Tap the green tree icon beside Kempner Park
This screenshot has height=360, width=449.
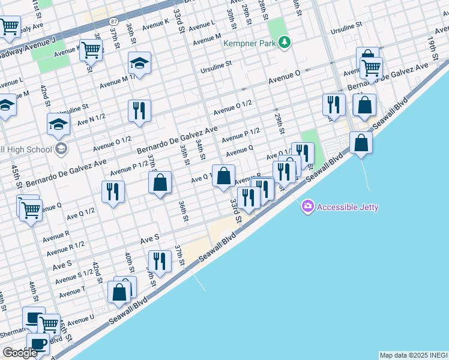click(286, 43)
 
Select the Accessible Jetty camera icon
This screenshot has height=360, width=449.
click(308, 206)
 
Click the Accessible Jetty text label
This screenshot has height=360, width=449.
click(348, 207)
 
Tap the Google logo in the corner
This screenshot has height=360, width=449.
click(20, 353)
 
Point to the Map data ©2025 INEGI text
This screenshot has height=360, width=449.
click(413, 355)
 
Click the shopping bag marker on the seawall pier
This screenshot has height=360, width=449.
click(361, 143)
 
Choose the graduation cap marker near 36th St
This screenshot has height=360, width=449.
click(139, 63)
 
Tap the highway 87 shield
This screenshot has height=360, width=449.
click(114, 21)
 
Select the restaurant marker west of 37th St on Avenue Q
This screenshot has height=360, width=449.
click(113, 192)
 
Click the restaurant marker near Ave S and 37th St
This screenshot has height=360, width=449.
click(159, 261)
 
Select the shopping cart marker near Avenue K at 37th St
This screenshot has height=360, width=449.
click(91, 50)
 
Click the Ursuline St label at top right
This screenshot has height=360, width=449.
click(346, 28)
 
